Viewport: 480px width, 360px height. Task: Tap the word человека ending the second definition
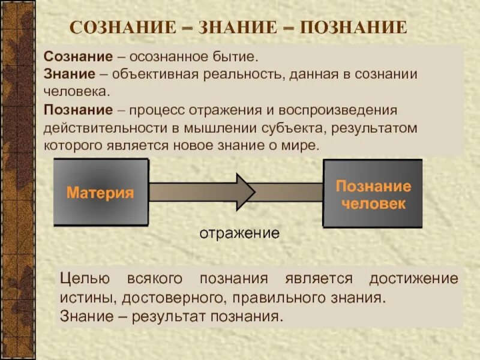[77, 93]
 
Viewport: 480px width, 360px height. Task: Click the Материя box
[100, 193]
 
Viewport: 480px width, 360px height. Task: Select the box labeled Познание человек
[373, 193]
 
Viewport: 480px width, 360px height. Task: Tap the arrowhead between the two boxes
[245, 192]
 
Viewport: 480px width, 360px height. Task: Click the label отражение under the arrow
[239, 233]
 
